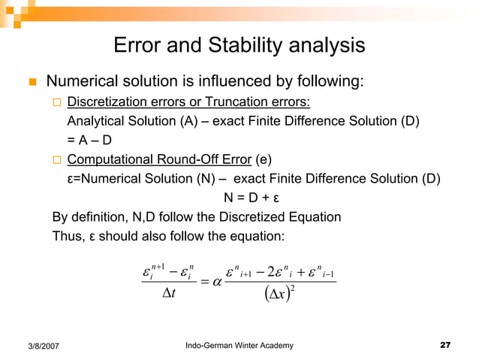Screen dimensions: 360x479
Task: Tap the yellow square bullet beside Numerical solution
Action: (x=33, y=81)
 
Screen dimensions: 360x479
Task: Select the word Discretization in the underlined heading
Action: (x=106, y=102)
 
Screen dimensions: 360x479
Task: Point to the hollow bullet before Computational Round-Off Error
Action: (x=56, y=159)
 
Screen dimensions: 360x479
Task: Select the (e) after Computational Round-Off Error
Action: (x=265, y=159)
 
